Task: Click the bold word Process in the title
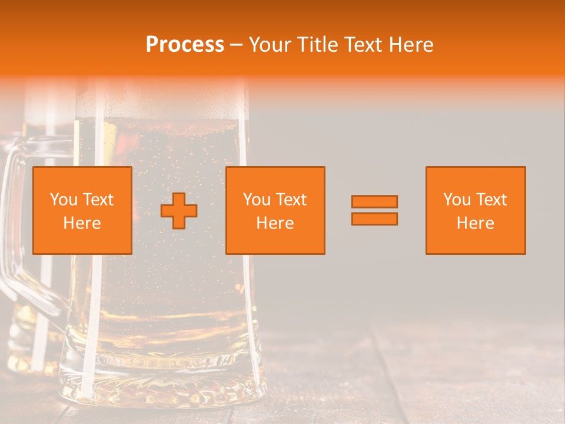[185, 45]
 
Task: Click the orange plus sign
[179, 211]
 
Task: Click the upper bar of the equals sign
[374, 201]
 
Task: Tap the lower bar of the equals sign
[374, 218]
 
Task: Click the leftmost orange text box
[82, 211]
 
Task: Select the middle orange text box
[275, 211]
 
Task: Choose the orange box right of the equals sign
[476, 211]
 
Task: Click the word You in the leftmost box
[64, 200]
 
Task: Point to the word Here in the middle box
[275, 223]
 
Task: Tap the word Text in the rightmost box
[491, 200]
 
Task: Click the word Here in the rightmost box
[476, 223]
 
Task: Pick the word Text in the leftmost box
[98, 200]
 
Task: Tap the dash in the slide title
[237, 45]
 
